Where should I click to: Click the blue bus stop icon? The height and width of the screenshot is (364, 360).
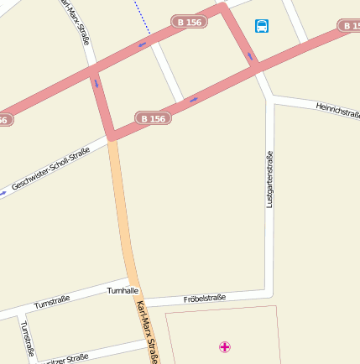[x=263, y=26]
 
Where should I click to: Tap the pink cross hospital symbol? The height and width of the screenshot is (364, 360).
[x=225, y=346]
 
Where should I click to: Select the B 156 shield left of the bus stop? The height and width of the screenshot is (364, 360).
[x=189, y=22]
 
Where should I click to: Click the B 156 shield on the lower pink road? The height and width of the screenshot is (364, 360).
[x=153, y=119]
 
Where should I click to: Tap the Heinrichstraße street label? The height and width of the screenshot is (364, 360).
[x=337, y=110]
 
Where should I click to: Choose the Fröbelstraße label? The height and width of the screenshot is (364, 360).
[x=205, y=298]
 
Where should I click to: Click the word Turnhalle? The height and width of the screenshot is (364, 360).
[x=123, y=290]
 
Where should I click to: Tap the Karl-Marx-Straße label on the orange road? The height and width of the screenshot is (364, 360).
[x=147, y=332]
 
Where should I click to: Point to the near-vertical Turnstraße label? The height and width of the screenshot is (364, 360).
[x=26, y=339]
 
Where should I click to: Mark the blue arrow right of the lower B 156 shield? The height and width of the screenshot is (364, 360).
[x=194, y=100]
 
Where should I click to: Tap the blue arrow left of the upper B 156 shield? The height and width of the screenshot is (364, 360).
[x=143, y=42]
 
